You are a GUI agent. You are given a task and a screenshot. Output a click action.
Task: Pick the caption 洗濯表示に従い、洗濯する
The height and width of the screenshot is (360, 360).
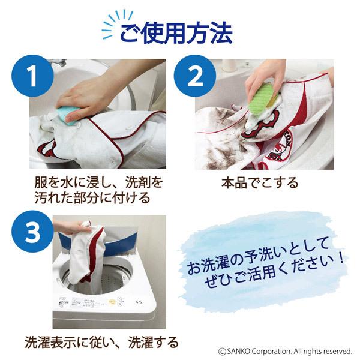pos(101,343)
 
